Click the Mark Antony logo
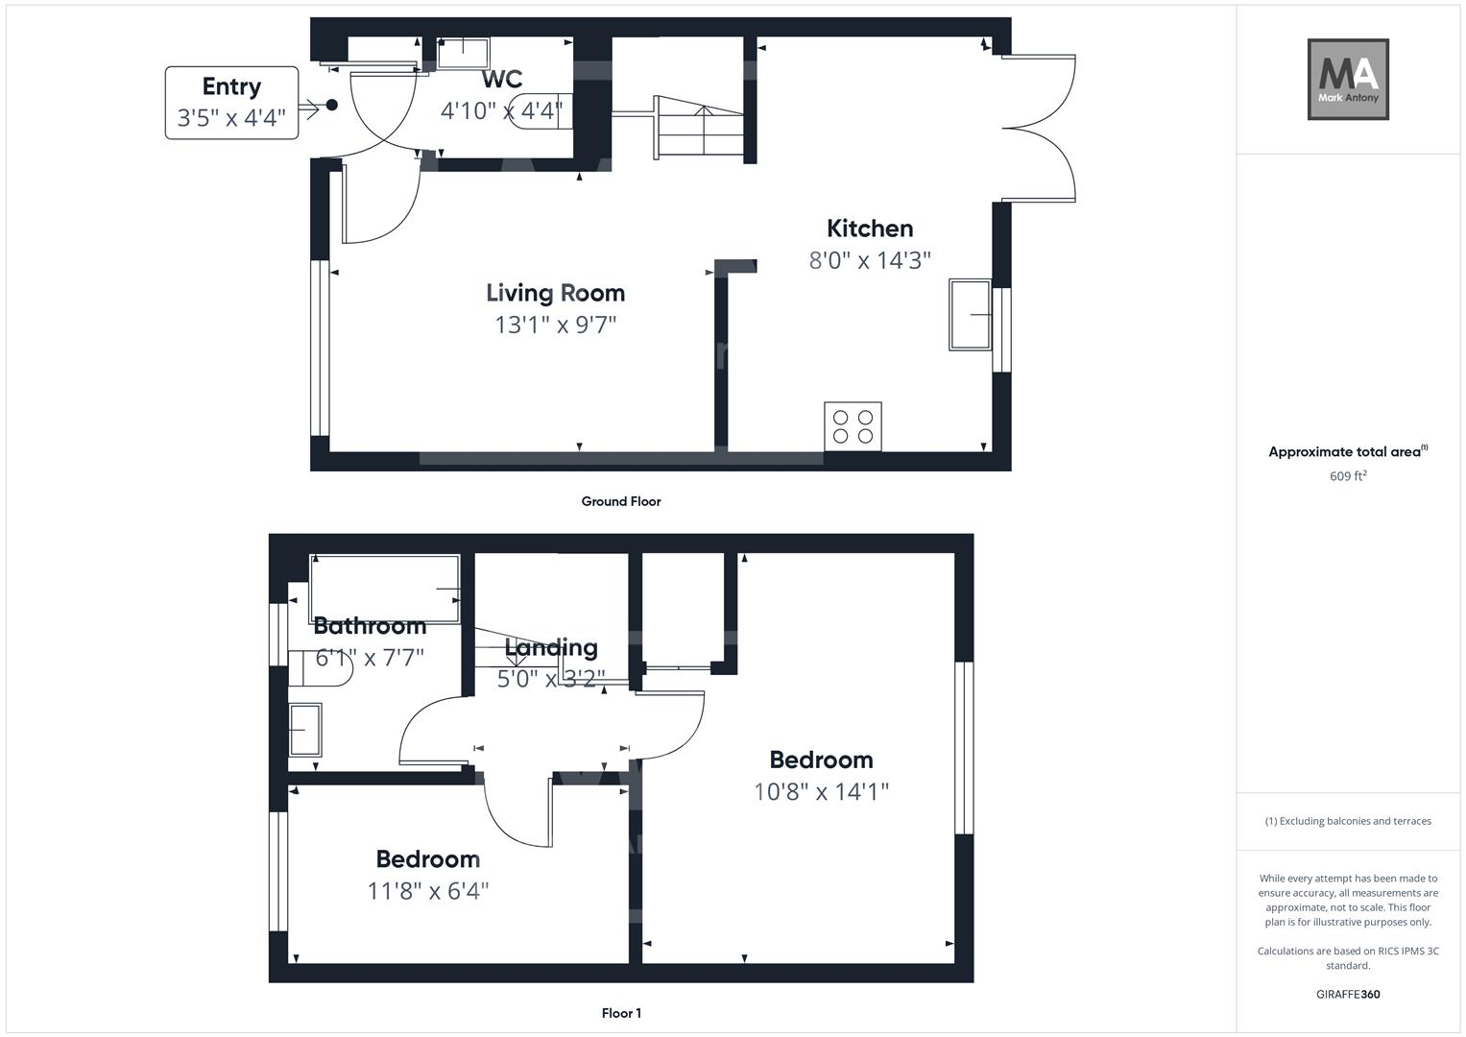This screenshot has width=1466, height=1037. tap(1348, 80)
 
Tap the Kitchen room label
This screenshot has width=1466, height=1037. tap(870, 229)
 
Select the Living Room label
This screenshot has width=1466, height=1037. tap(555, 293)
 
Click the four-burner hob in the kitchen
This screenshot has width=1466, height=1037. tap(853, 426)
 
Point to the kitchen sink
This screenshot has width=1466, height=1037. tap(971, 315)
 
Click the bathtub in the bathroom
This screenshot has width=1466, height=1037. tap(384, 588)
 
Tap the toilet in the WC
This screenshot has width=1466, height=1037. tap(543, 111)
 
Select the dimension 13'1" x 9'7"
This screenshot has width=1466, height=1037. tap(555, 325)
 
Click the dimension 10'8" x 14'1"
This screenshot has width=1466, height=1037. tap(821, 792)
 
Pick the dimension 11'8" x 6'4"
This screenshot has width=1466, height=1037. tap(428, 891)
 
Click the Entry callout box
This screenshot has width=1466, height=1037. tap(231, 103)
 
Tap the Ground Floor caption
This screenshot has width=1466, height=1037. tap(621, 501)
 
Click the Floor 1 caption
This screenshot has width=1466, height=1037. tap(621, 1013)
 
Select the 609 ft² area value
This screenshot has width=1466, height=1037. tap(1348, 476)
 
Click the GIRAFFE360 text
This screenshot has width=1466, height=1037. tap(1348, 995)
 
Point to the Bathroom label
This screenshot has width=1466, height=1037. tap(370, 626)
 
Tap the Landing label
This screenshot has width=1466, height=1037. tap(551, 648)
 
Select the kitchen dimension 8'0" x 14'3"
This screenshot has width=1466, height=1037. tap(870, 260)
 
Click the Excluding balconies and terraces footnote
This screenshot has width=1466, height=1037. tap(1348, 821)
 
